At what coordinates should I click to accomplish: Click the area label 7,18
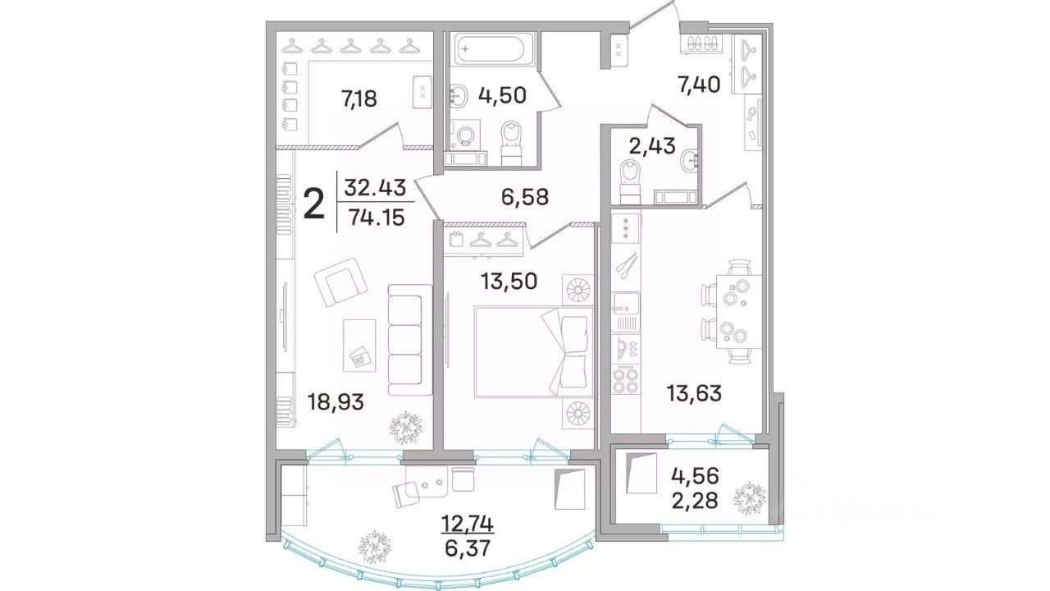(358, 99)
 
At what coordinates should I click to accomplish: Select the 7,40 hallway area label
(698, 85)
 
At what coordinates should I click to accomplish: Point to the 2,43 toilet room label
(652, 145)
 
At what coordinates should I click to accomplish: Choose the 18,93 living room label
(336, 402)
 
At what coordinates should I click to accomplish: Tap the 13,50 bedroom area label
(509, 281)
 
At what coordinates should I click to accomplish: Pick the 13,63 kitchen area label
(694, 393)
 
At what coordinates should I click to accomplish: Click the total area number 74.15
(377, 218)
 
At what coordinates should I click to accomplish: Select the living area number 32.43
(375, 188)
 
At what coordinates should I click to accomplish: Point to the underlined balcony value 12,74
(468, 524)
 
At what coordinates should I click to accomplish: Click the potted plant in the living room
(406, 428)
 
